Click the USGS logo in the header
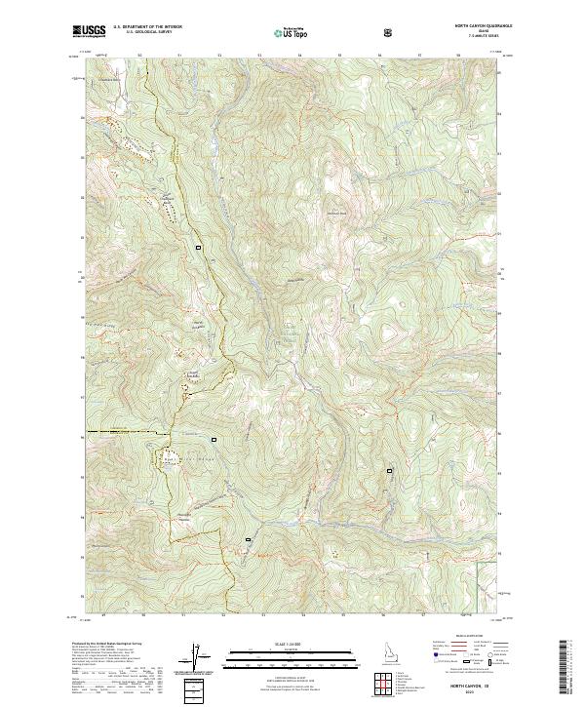pyautogui.click(x=90, y=32)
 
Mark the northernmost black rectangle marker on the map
pyautogui.click(x=200, y=247)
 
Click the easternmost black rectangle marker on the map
pyautogui.click(x=391, y=470)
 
